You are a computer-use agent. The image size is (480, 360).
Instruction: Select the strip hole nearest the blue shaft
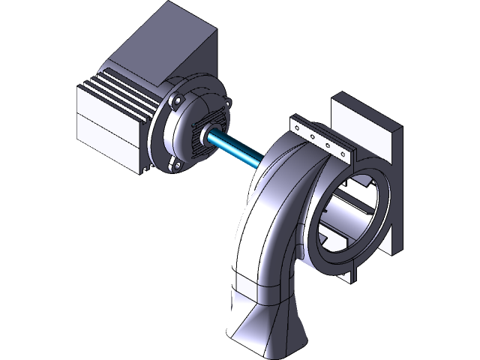[300, 128]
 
